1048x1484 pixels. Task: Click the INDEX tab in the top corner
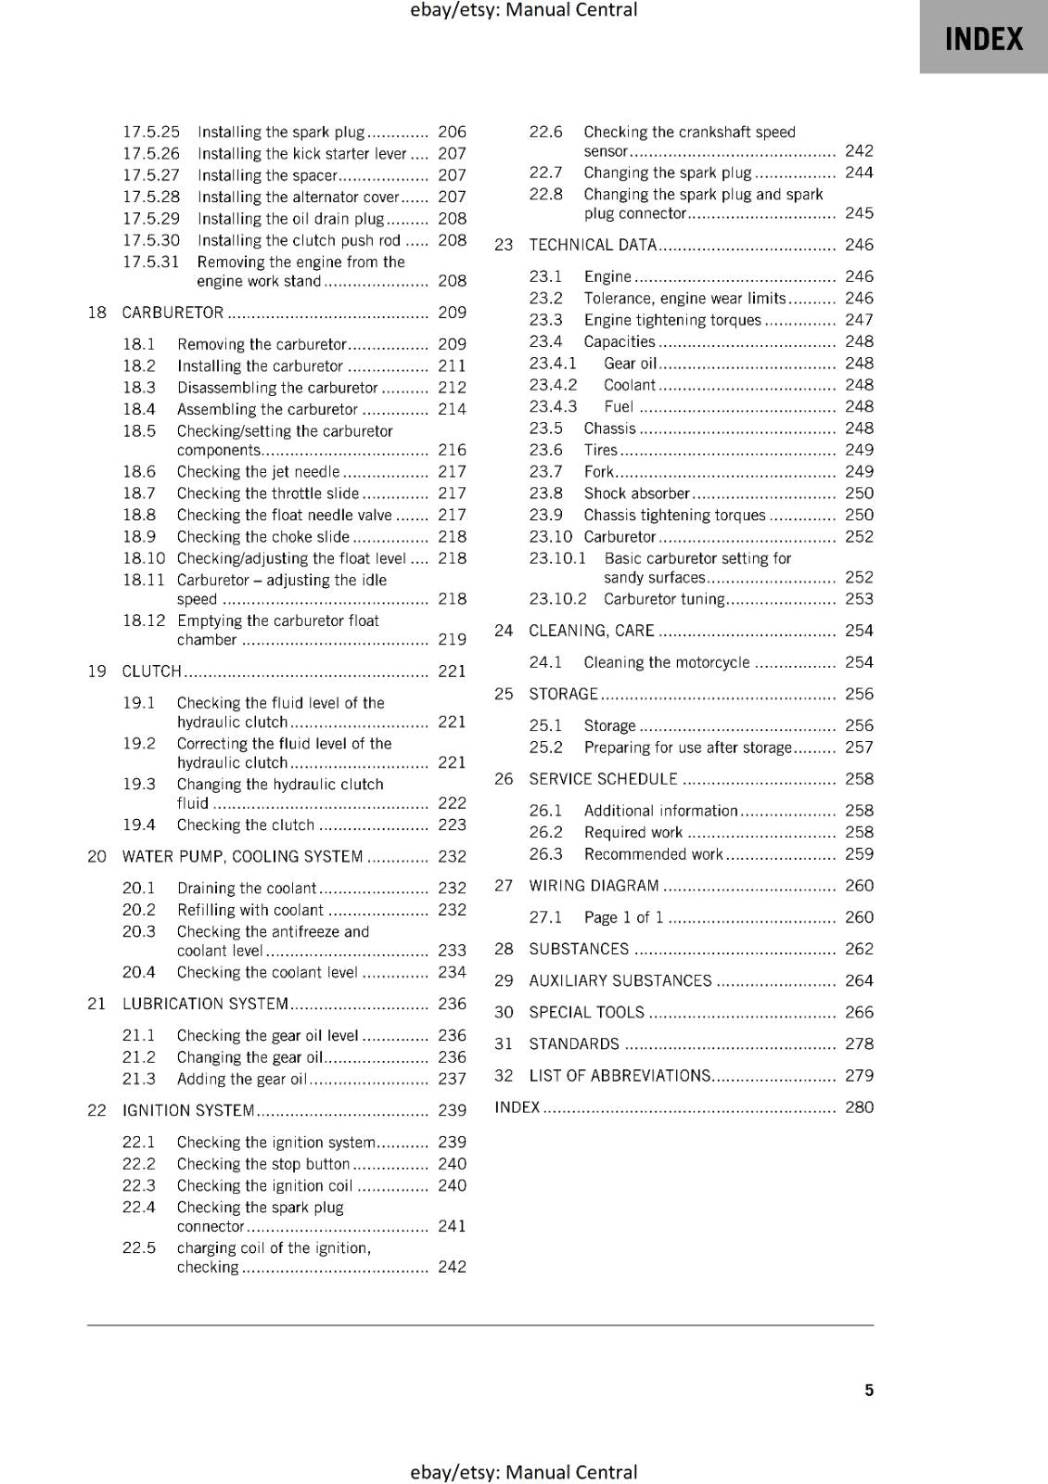(983, 38)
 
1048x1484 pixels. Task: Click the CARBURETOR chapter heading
(173, 313)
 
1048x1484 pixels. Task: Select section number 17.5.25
(151, 132)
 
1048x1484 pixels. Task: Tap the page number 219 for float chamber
(452, 639)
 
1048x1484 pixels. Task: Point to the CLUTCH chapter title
(152, 671)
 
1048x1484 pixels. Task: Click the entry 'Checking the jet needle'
(259, 471)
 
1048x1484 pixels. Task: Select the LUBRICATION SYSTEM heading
(205, 1004)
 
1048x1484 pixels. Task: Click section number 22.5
(139, 1247)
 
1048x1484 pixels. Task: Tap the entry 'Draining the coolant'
(247, 888)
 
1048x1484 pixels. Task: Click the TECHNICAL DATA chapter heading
(593, 245)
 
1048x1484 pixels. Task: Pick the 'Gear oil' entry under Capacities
(630, 364)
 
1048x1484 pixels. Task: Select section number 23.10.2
(557, 598)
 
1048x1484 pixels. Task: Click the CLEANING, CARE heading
(592, 631)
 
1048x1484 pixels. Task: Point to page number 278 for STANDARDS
(859, 1043)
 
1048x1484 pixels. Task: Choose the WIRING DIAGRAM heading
(594, 886)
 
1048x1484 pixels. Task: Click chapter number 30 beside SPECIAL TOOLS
(504, 1012)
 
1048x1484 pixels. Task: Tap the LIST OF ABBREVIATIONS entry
(620, 1075)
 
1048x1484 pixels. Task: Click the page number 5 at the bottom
(869, 1389)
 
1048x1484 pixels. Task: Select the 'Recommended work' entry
(653, 854)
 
